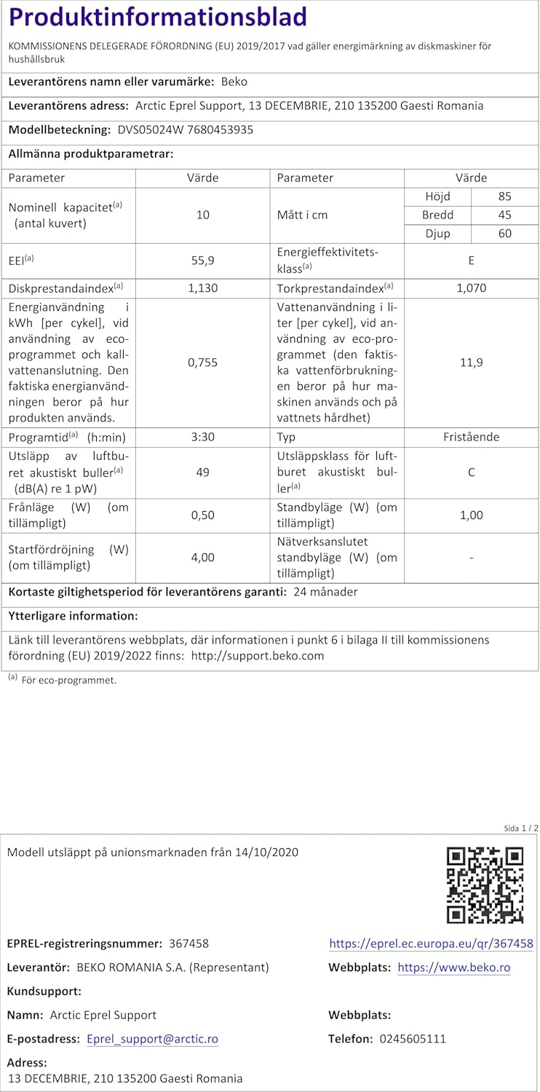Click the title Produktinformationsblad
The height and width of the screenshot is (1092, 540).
click(157, 17)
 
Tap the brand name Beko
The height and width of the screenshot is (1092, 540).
click(234, 82)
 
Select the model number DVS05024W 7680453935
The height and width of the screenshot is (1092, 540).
click(186, 130)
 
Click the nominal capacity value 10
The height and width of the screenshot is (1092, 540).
click(202, 215)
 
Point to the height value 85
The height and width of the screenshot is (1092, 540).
click(505, 197)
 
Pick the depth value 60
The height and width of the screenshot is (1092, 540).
click(505, 234)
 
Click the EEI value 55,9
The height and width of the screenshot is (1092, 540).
click(202, 258)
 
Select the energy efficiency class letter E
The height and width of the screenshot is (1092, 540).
click(472, 258)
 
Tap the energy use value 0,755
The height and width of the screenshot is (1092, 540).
click(202, 363)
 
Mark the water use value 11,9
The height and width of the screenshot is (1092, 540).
click(472, 363)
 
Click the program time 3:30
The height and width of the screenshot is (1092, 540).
click(202, 437)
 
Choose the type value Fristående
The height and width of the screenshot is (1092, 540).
click(472, 437)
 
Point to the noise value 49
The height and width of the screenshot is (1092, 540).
click(202, 472)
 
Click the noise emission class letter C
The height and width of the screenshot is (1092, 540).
click(472, 472)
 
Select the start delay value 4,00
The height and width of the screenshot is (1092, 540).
click(202, 558)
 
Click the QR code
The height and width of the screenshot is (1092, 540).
click(485, 885)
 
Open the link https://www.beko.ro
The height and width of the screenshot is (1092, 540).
click(454, 968)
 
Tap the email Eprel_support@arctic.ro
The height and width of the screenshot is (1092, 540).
click(152, 1039)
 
